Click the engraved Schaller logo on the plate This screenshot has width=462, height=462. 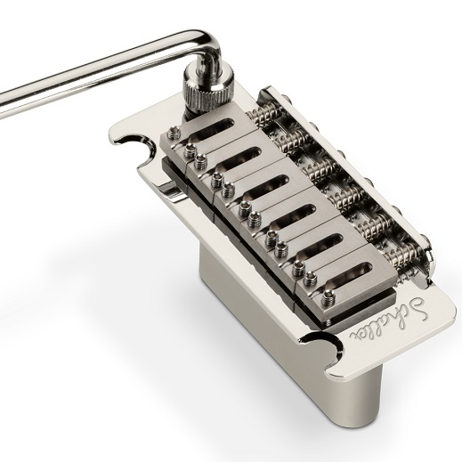coord(388,319)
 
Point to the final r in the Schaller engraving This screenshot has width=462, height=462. coord(355,336)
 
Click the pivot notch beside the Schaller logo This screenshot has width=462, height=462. coord(321,351)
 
